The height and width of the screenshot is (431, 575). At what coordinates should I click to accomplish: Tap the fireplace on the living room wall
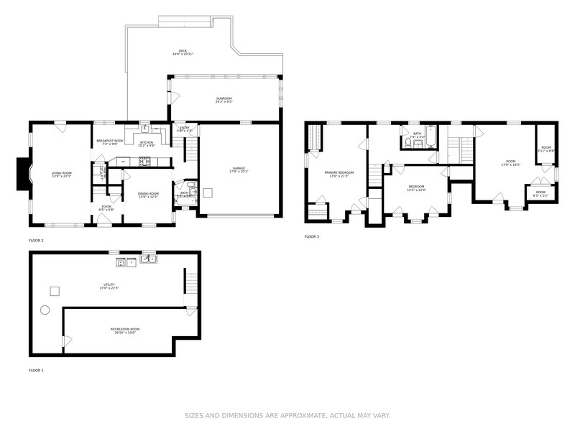(x=23, y=175)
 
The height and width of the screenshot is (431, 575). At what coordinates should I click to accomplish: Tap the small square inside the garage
(x=208, y=193)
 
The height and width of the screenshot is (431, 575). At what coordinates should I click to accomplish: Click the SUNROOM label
(x=224, y=99)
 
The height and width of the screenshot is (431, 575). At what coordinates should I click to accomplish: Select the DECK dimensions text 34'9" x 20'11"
(x=183, y=55)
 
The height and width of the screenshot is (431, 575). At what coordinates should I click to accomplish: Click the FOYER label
(x=106, y=208)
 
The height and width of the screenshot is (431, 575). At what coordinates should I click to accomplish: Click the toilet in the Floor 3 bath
(x=408, y=144)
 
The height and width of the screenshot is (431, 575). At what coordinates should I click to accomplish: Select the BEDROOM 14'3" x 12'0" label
(x=416, y=188)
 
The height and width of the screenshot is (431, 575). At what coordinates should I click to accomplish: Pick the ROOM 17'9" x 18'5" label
(x=510, y=162)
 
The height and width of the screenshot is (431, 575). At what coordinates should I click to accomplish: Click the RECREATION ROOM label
(x=125, y=330)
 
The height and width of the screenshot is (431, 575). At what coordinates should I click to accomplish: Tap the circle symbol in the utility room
(x=45, y=310)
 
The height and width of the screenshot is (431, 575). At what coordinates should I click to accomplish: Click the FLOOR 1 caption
(x=36, y=371)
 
